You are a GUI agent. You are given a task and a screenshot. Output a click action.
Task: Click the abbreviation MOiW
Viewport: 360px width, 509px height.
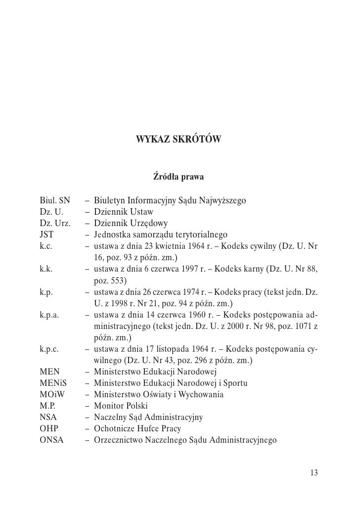[x=52, y=395]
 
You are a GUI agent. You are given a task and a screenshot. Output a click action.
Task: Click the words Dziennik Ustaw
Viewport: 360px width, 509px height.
[x=124, y=212]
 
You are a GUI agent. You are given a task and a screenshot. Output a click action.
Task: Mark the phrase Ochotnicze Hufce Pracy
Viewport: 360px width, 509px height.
[x=137, y=428]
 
